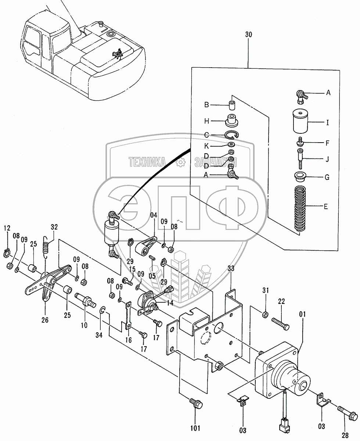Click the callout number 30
(x=248, y=35)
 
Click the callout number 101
(x=195, y=428)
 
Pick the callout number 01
(x=302, y=314)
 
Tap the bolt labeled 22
(x=281, y=324)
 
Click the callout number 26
(x=45, y=320)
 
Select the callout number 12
(x=7, y=228)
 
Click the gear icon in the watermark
(x=180, y=162)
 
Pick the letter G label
(x=326, y=178)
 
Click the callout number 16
(x=129, y=340)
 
